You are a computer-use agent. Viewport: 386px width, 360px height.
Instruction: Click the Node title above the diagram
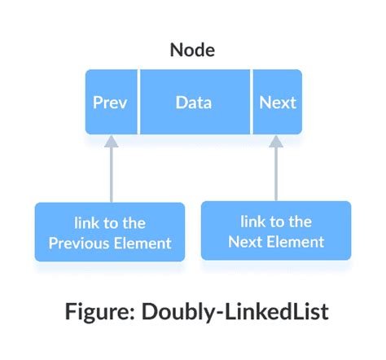[x=193, y=50]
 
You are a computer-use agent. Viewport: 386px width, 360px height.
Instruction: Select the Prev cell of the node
[x=111, y=103]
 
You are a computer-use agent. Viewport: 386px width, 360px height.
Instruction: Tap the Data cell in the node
[x=194, y=103]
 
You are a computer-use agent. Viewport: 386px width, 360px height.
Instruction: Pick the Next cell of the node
[x=278, y=103]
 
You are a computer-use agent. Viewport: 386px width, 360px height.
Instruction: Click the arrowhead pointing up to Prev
[x=112, y=142]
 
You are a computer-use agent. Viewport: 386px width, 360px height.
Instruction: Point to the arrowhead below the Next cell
[x=276, y=142]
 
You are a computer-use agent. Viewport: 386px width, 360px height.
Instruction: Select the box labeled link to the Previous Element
[x=110, y=232]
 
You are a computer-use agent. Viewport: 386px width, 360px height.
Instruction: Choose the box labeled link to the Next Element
[x=276, y=231]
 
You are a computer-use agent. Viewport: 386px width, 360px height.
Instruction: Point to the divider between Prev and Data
[x=139, y=103]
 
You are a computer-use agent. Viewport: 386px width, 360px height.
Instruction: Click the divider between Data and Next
[x=252, y=103]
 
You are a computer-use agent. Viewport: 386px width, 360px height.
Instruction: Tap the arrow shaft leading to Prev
[x=112, y=175]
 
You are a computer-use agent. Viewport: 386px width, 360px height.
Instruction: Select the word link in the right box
[x=252, y=222]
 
